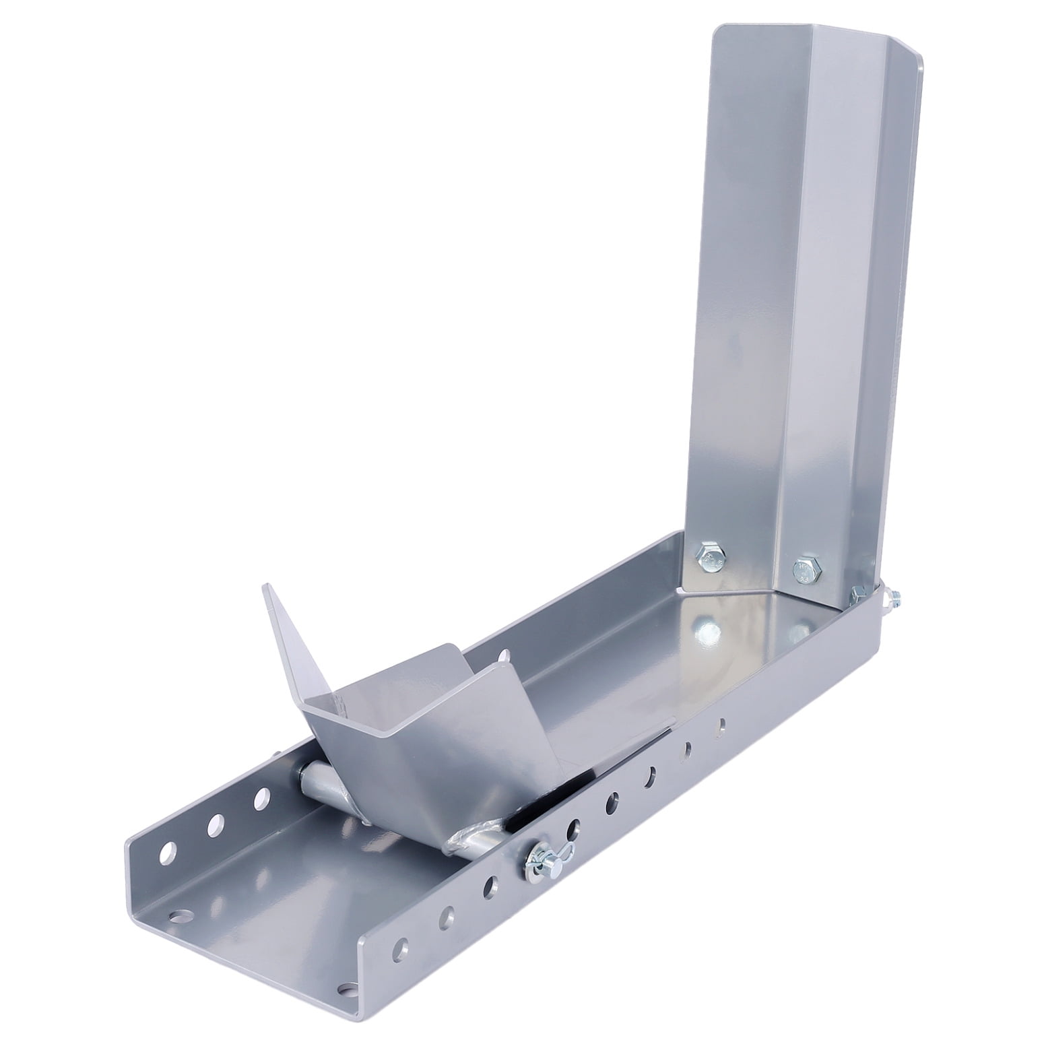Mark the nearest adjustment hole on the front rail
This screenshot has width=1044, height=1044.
(402, 944)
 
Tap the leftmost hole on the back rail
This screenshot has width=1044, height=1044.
(166, 852)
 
